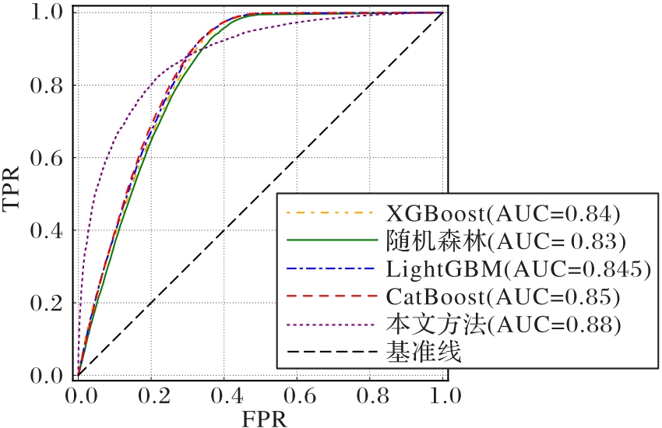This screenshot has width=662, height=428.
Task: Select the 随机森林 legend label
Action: point(502,240)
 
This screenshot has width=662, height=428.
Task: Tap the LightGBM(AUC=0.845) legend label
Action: point(518,269)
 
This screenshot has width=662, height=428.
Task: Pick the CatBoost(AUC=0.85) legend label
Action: point(502,297)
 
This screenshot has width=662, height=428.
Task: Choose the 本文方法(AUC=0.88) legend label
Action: point(502,325)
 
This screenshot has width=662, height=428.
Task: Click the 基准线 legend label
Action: point(424,353)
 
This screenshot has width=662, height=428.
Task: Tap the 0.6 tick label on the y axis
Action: point(48,158)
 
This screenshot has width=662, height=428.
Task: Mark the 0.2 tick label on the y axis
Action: point(48,303)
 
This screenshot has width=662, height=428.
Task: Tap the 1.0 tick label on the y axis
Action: point(48,12)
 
